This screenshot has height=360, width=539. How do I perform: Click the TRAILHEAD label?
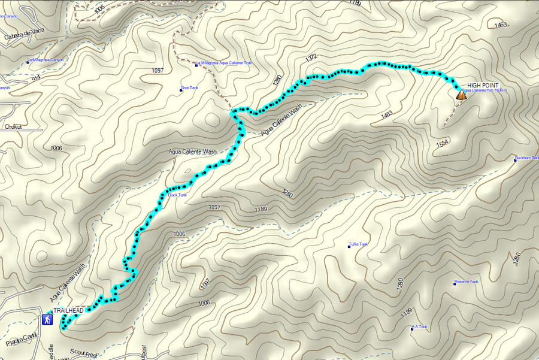point(68,310)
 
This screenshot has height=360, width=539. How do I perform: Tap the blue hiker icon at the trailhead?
point(47,320)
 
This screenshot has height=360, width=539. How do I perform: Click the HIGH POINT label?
point(483,86)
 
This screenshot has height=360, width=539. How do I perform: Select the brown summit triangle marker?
point(461,94)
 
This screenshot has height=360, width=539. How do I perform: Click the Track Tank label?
point(178,195)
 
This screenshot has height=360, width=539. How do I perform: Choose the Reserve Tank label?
point(467,282)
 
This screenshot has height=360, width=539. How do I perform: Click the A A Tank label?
point(422,327)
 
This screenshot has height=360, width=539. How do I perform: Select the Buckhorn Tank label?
point(527,158)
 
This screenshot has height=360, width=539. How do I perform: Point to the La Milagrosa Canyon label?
point(47,60)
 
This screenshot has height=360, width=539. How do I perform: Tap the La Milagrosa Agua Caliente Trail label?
point(228,63)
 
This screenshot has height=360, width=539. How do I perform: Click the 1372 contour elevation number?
point(310,58)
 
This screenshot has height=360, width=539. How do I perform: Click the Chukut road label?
point(13,126)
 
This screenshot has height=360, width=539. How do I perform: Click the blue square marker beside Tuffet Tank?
point(350,244)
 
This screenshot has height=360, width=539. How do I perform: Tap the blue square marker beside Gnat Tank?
point(181,90)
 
